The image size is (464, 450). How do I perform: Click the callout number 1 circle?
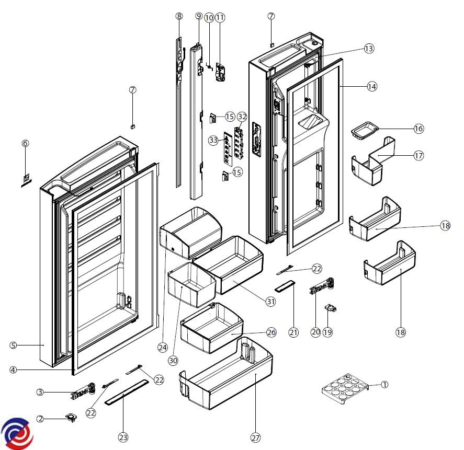[384, 384]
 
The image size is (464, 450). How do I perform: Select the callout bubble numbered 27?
[256, 437]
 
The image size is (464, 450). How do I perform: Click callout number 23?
[123, 437]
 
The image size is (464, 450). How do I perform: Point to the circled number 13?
[369, 49]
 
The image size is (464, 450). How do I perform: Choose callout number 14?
[372, 87]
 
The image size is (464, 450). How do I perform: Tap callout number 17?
[419, 156]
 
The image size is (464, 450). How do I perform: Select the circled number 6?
[25, 143]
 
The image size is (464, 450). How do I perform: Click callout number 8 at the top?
[179, 16]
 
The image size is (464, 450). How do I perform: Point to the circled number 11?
[220, 17]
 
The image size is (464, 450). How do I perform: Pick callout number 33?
[213, 140]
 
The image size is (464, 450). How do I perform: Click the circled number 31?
[270, 301]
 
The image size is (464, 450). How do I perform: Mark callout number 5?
[14, 345]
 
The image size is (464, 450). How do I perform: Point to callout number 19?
[327, 332]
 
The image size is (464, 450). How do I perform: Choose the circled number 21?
[293, 332]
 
